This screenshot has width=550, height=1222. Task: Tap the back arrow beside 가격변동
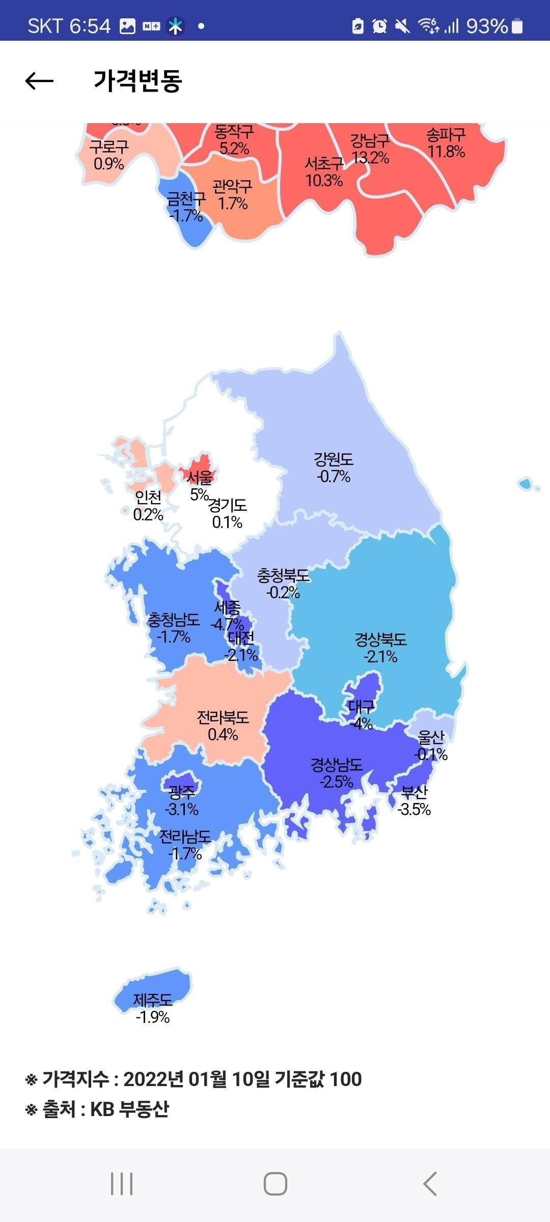point(39,81)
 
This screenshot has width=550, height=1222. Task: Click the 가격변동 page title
point(137,81)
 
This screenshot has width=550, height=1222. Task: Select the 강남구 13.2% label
point(370,149)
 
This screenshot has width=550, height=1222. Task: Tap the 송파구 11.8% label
point(446,143)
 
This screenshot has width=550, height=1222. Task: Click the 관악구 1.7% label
point(233,195)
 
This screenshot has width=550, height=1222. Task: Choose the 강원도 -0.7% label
point(334,468)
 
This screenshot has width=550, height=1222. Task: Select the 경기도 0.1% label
point(228,513)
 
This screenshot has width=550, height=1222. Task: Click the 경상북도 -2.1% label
point(380,648)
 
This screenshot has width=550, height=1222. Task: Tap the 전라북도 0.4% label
point(223,726)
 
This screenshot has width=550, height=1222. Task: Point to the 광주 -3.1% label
point(182,800)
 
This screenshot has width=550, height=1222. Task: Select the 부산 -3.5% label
point(414,800)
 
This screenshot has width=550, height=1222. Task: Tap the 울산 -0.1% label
point(431,745)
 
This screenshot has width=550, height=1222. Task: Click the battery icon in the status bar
point(517,26)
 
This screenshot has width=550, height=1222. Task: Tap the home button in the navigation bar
point(275,1183)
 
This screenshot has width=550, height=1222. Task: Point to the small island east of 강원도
point(525,483)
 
